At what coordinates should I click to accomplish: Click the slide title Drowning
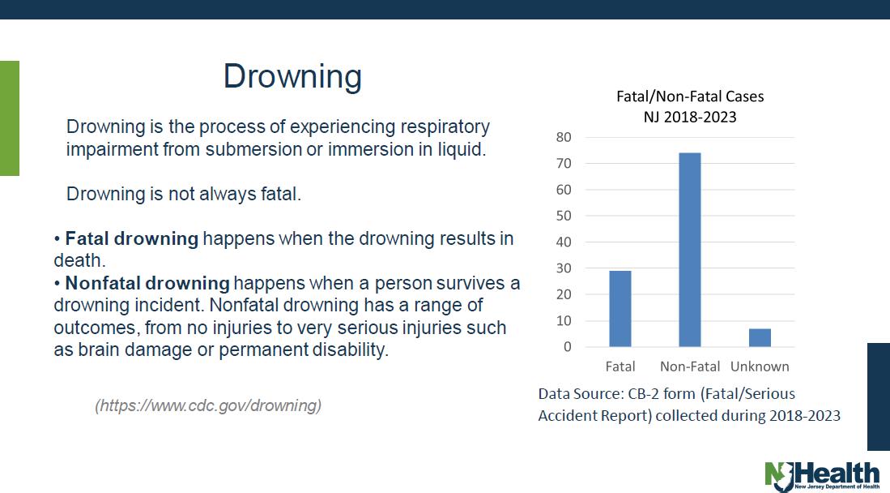[292, 76]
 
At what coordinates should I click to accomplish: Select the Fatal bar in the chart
[620, 309]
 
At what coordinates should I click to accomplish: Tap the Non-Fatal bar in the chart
[690, 250]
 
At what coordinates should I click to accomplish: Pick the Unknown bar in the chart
[760, 337]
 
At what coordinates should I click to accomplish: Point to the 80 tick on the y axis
[564, 137]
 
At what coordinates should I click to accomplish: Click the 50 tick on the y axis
[564, 216]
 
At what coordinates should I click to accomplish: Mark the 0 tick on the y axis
[568, 347]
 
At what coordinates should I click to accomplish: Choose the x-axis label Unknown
[760, 367]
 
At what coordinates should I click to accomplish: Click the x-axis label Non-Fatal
[690, 367]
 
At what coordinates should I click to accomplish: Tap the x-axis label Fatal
[620, 367]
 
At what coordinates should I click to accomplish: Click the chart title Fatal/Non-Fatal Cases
[690, 96]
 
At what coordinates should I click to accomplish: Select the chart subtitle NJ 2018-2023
[690, 117]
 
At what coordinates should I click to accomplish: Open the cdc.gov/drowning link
[208, 405]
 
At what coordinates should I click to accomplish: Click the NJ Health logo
[821, 475]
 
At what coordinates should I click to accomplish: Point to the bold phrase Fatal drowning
[131, 239]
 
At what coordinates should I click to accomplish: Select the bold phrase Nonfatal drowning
[147, 284]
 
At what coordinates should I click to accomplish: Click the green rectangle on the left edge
[9, 118]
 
